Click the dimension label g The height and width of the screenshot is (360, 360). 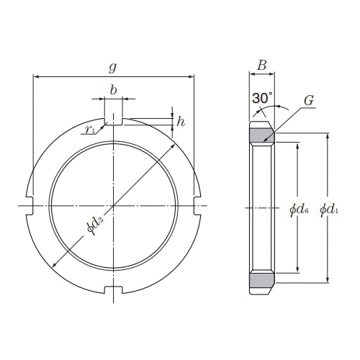[x=112, y=67]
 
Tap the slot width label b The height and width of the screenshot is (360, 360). [x=113, y=90]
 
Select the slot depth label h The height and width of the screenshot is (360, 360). [x=181, y=122]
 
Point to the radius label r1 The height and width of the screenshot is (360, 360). [x=90, y=130]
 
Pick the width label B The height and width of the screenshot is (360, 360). [x=262, y=65]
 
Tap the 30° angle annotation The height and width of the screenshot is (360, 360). [x=262, y=98]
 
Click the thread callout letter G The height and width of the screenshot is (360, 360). [x=309, y=101]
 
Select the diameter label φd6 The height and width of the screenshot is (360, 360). [x=299, y=210]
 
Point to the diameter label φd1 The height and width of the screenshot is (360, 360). [x=329, y=210]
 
